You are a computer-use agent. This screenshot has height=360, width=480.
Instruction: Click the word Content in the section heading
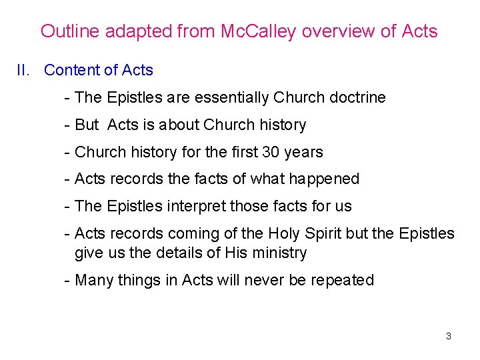[70, 70]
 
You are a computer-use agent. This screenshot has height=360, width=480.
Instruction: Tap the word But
[87, 125]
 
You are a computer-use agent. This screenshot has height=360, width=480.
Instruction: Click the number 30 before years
[271, 152]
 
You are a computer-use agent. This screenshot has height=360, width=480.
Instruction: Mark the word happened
[327, 179]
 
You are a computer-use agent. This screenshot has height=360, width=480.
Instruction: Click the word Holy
[284, 233]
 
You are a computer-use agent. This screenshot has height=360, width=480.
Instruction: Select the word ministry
[280, 253]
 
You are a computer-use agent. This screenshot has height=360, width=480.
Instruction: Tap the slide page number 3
[448, 336]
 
